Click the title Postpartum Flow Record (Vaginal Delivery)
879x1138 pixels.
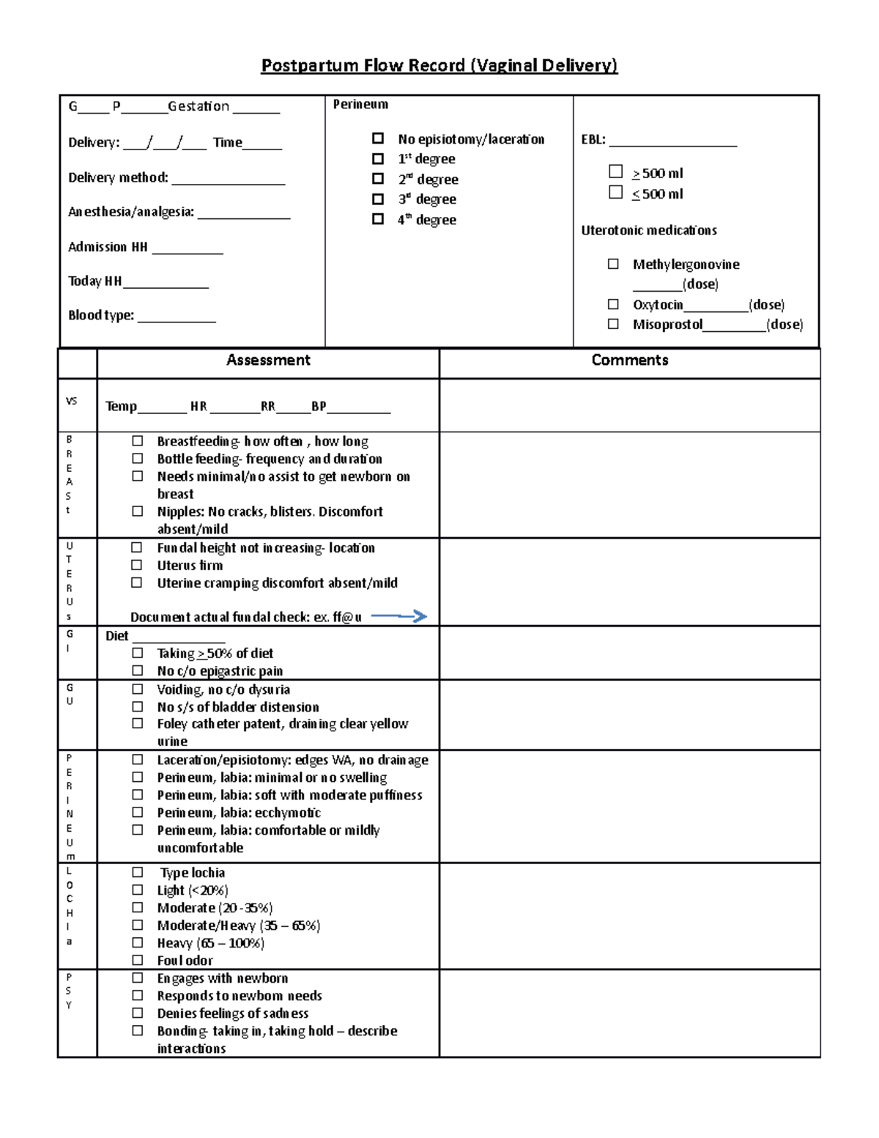439,66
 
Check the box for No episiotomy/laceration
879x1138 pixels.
378,138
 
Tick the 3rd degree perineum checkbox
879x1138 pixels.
378,199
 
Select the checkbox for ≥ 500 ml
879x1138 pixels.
615,171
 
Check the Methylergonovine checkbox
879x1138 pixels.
613,264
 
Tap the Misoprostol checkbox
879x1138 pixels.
613,324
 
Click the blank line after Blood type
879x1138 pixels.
177,317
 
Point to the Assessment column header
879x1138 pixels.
268,361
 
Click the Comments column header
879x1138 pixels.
629,361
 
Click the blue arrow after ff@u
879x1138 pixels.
399,616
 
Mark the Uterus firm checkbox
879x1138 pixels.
137,565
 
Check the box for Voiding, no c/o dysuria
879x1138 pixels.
137,689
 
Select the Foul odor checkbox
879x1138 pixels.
137,960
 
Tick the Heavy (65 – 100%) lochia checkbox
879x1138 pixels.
137,942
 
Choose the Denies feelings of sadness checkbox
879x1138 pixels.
137,1013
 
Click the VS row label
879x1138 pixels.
71,401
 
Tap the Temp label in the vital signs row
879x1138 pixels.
121,407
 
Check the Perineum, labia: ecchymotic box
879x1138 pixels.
137,812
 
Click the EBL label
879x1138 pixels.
593,140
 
